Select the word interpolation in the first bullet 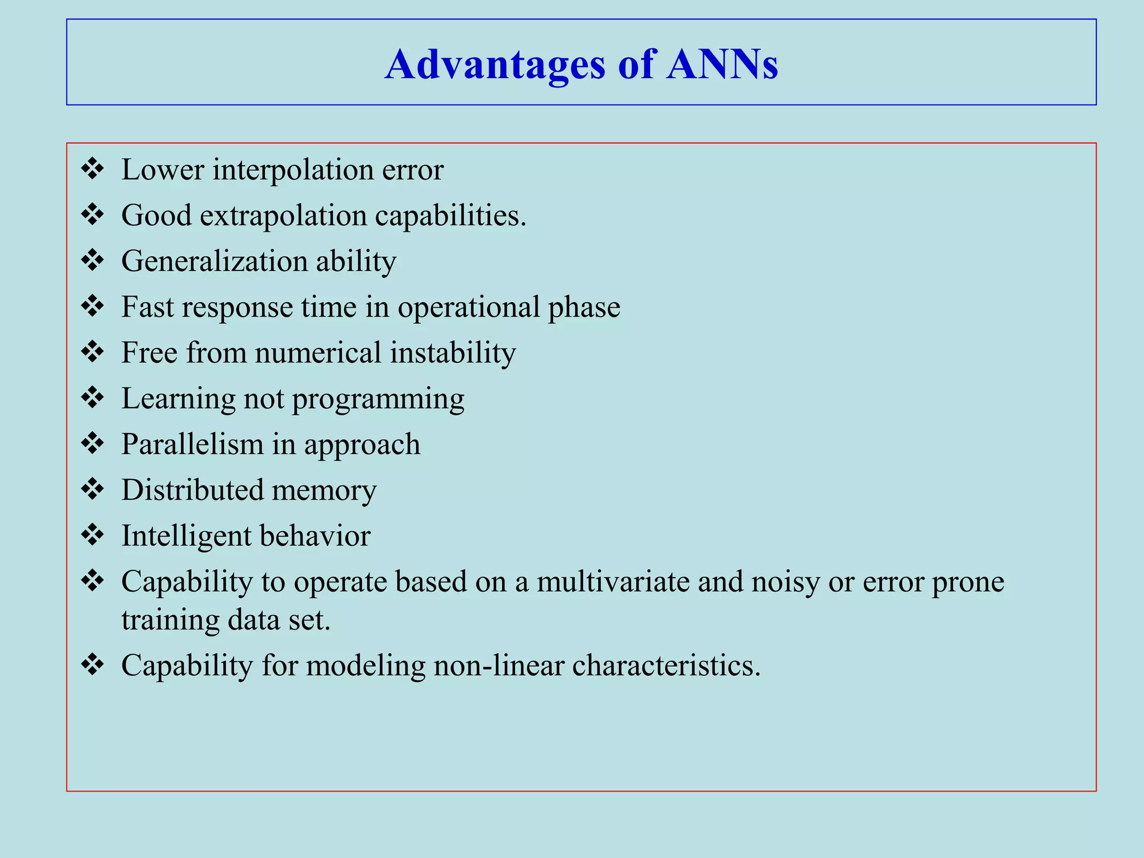(x=293, y=170)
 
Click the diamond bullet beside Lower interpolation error (x=92, y=169)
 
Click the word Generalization (x=214, y=261)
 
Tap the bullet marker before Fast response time (x=92, y=306)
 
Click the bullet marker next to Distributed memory (x=92, y=489)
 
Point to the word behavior (x=314, y=536)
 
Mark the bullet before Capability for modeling (x=92, y=665)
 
